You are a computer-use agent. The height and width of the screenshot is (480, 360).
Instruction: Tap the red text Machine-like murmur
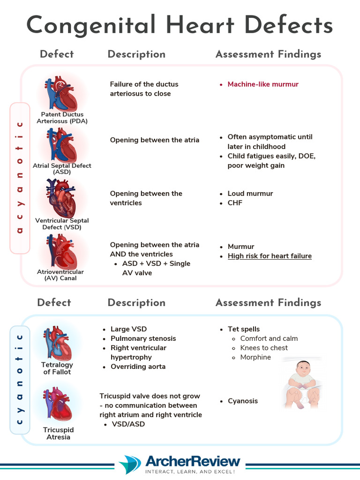tap(263, 84)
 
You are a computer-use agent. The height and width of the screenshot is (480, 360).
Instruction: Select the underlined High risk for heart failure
tap(270, 256)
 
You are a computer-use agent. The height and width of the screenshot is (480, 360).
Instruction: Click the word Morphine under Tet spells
tap(255, 357)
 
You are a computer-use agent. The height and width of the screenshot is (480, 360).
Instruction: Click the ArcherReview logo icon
tap(130, 465)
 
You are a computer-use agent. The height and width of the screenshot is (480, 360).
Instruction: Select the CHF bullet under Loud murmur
tap(235, 203)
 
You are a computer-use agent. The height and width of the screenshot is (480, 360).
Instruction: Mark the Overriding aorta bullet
tap(138, 367)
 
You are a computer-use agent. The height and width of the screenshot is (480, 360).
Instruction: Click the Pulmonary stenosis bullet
tap(143, 338)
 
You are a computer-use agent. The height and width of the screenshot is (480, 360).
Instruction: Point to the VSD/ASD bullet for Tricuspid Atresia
tap(127, 424)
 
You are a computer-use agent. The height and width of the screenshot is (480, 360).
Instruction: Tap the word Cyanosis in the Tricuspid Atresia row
tap(242, 401)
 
